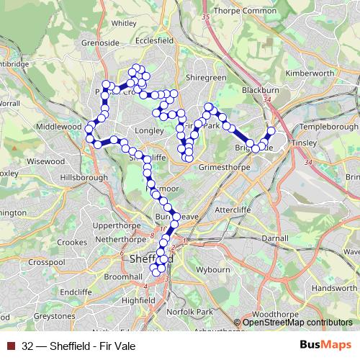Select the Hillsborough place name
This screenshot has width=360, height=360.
(84, 176)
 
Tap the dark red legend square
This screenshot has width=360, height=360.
(11, 346)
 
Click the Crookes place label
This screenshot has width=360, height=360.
(71, 243)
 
